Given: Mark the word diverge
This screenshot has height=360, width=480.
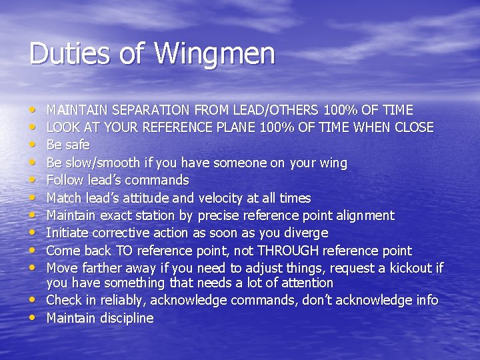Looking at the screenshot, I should click(304, 233).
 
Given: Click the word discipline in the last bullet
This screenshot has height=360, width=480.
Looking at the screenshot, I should click(127, 318).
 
